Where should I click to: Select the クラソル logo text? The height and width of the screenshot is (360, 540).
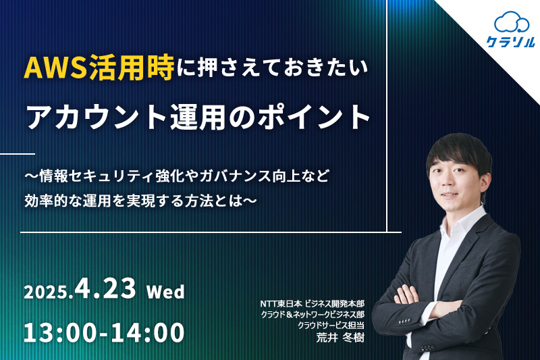click(511, 42)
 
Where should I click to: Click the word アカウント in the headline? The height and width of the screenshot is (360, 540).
click(97, 117)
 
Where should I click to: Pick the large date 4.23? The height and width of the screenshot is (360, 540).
click(105, 288)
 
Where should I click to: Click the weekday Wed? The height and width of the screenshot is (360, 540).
click(165, 292)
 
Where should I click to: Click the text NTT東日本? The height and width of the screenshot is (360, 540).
click(281, 303)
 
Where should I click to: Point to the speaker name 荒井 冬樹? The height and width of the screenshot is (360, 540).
click(340, 338)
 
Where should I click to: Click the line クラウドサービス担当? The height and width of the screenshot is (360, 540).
click(331, 325)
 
